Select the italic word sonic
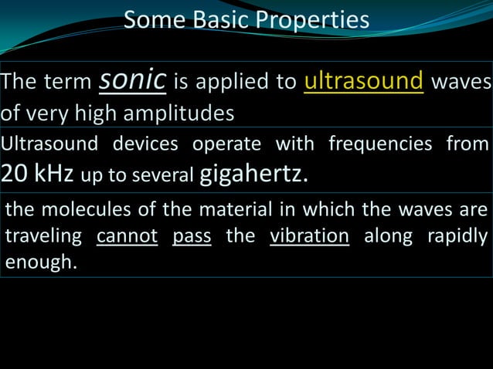point(133,80)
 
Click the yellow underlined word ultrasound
point(364,82)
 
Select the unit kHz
point(53,174)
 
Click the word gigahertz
point(252,174)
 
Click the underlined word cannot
point(127,236)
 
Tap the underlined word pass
point(192,236)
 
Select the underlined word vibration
point(309,236)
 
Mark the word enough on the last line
point(39,262)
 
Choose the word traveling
point(45,236)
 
